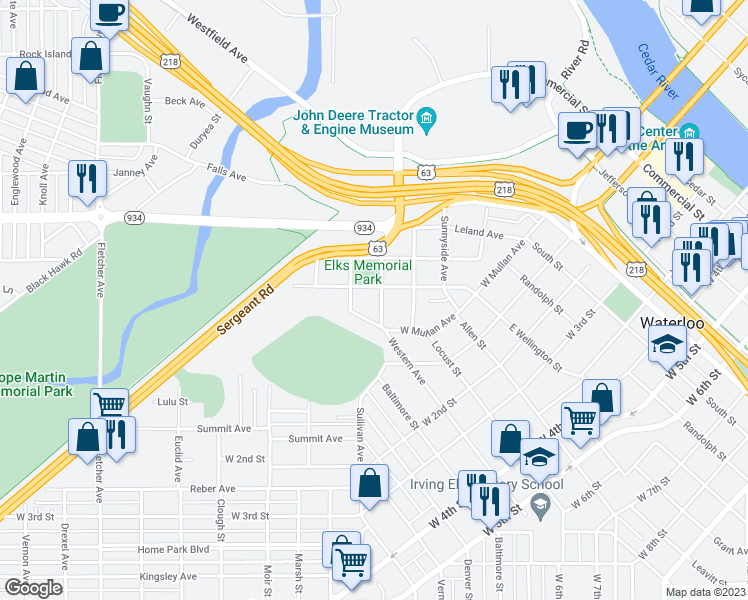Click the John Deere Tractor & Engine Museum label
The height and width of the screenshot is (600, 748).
[353, 121]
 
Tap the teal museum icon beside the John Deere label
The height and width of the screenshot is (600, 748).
[427, 121]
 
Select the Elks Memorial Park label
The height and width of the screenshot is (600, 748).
[368, 272]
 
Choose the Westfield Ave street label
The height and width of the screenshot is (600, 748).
[216, 36]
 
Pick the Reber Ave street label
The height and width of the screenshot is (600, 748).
[213, 489]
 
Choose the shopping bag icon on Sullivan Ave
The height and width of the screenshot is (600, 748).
[369, 482]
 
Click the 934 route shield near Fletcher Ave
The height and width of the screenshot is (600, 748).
[133, 218]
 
